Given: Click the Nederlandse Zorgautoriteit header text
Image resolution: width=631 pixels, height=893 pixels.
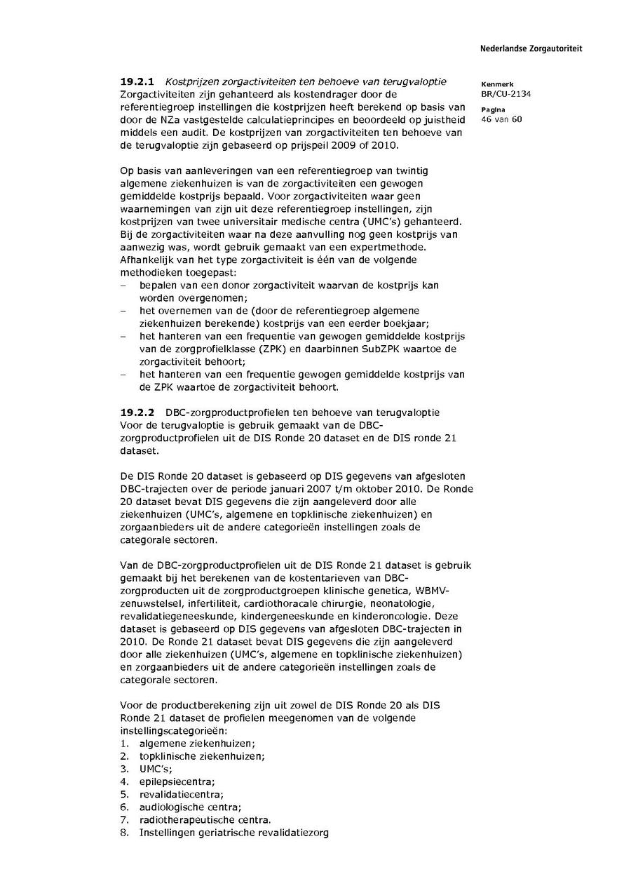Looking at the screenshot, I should [531, 49].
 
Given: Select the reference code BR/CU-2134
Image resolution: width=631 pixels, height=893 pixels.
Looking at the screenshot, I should [501, 93].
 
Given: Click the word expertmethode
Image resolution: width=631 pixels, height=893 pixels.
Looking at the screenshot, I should [414, 248].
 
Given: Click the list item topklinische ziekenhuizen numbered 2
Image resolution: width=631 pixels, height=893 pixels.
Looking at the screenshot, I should [202, 756].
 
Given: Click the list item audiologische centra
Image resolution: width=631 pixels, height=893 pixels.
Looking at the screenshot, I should [190, 807].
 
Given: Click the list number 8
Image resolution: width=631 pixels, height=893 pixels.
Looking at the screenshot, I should [123, 833].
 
